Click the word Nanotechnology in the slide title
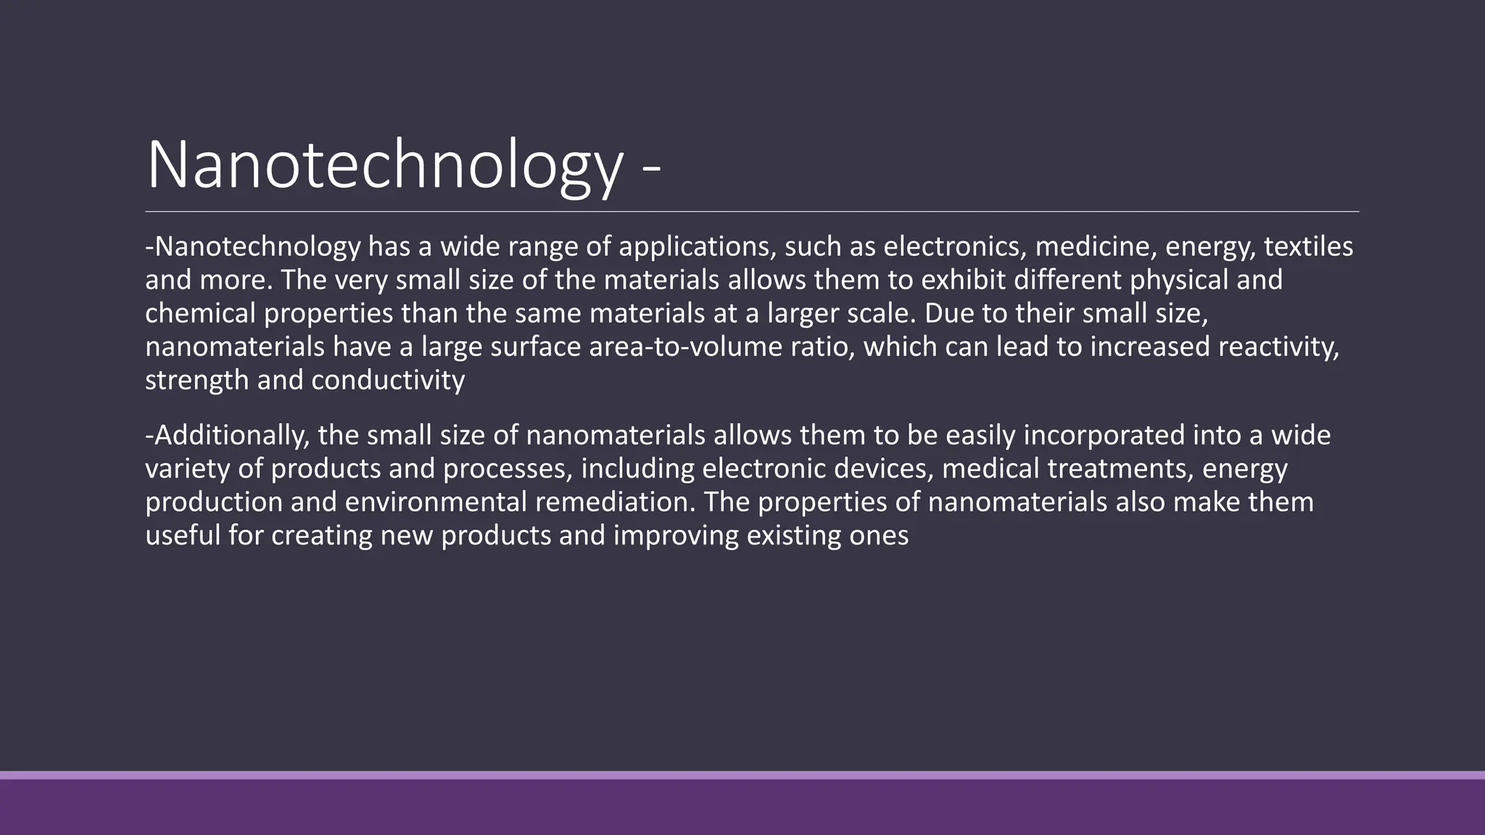(x=384, y=165)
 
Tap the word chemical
(x=200, y=314)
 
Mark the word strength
(x=197, y=381)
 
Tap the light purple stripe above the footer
(x=742, y=775)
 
